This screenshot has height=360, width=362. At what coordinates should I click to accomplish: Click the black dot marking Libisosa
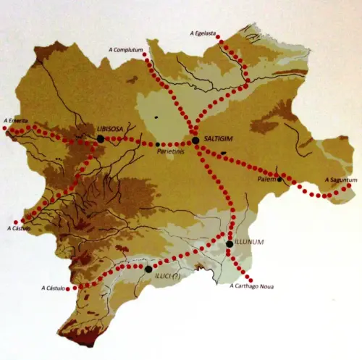pyautogui.click(x=101, y=138)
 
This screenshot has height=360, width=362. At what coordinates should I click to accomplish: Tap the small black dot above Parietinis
pyautogui.click(x=158, y=144)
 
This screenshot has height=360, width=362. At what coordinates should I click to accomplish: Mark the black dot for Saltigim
pyautogui.click(x=195, y=140)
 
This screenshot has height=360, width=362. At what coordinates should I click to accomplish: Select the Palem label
pyautogui.click(x=267, y=179)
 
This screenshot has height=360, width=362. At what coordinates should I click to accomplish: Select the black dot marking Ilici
pyautogui.click(x=148, y=269)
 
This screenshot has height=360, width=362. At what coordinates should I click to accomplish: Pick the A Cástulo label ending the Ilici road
pyautogui.click(x=56, y=289)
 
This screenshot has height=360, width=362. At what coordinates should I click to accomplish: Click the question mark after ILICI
pyautogui.click(x=176, y=275)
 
